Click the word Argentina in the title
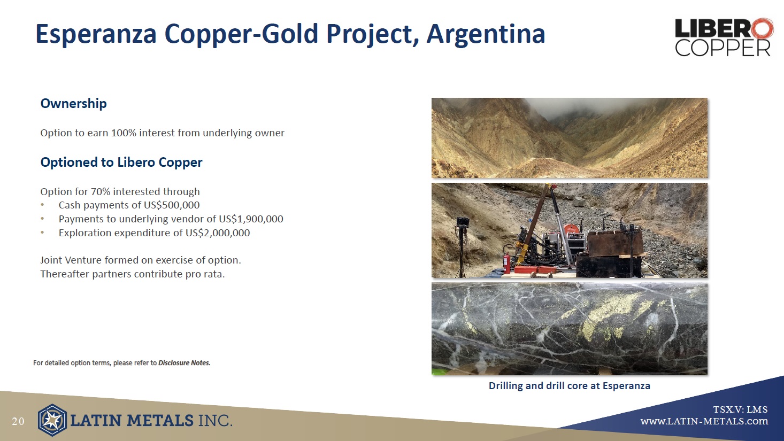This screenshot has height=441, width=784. click(x=486, y=34)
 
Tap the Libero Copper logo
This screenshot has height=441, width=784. click(x=724, y=37)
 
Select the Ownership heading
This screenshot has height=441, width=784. click(x=73, y=104)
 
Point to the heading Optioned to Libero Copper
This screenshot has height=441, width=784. click(x=121, y=163)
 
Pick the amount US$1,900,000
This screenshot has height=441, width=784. click(x=251, y=219)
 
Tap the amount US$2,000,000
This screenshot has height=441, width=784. click(x=218, y=233)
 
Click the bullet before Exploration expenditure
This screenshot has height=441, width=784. click(x=42, y=233)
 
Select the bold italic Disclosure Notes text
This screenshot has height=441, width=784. click(x=184, y=363)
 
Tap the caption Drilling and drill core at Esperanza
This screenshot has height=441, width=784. click(x=570, y=386)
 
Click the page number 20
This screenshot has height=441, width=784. click(x=18, y=421)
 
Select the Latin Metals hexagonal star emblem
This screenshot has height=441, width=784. click(x=52, y=420)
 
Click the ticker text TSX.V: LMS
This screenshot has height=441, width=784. click(x=740, y=409)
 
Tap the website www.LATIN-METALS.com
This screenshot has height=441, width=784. click(x=704, y=421)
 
